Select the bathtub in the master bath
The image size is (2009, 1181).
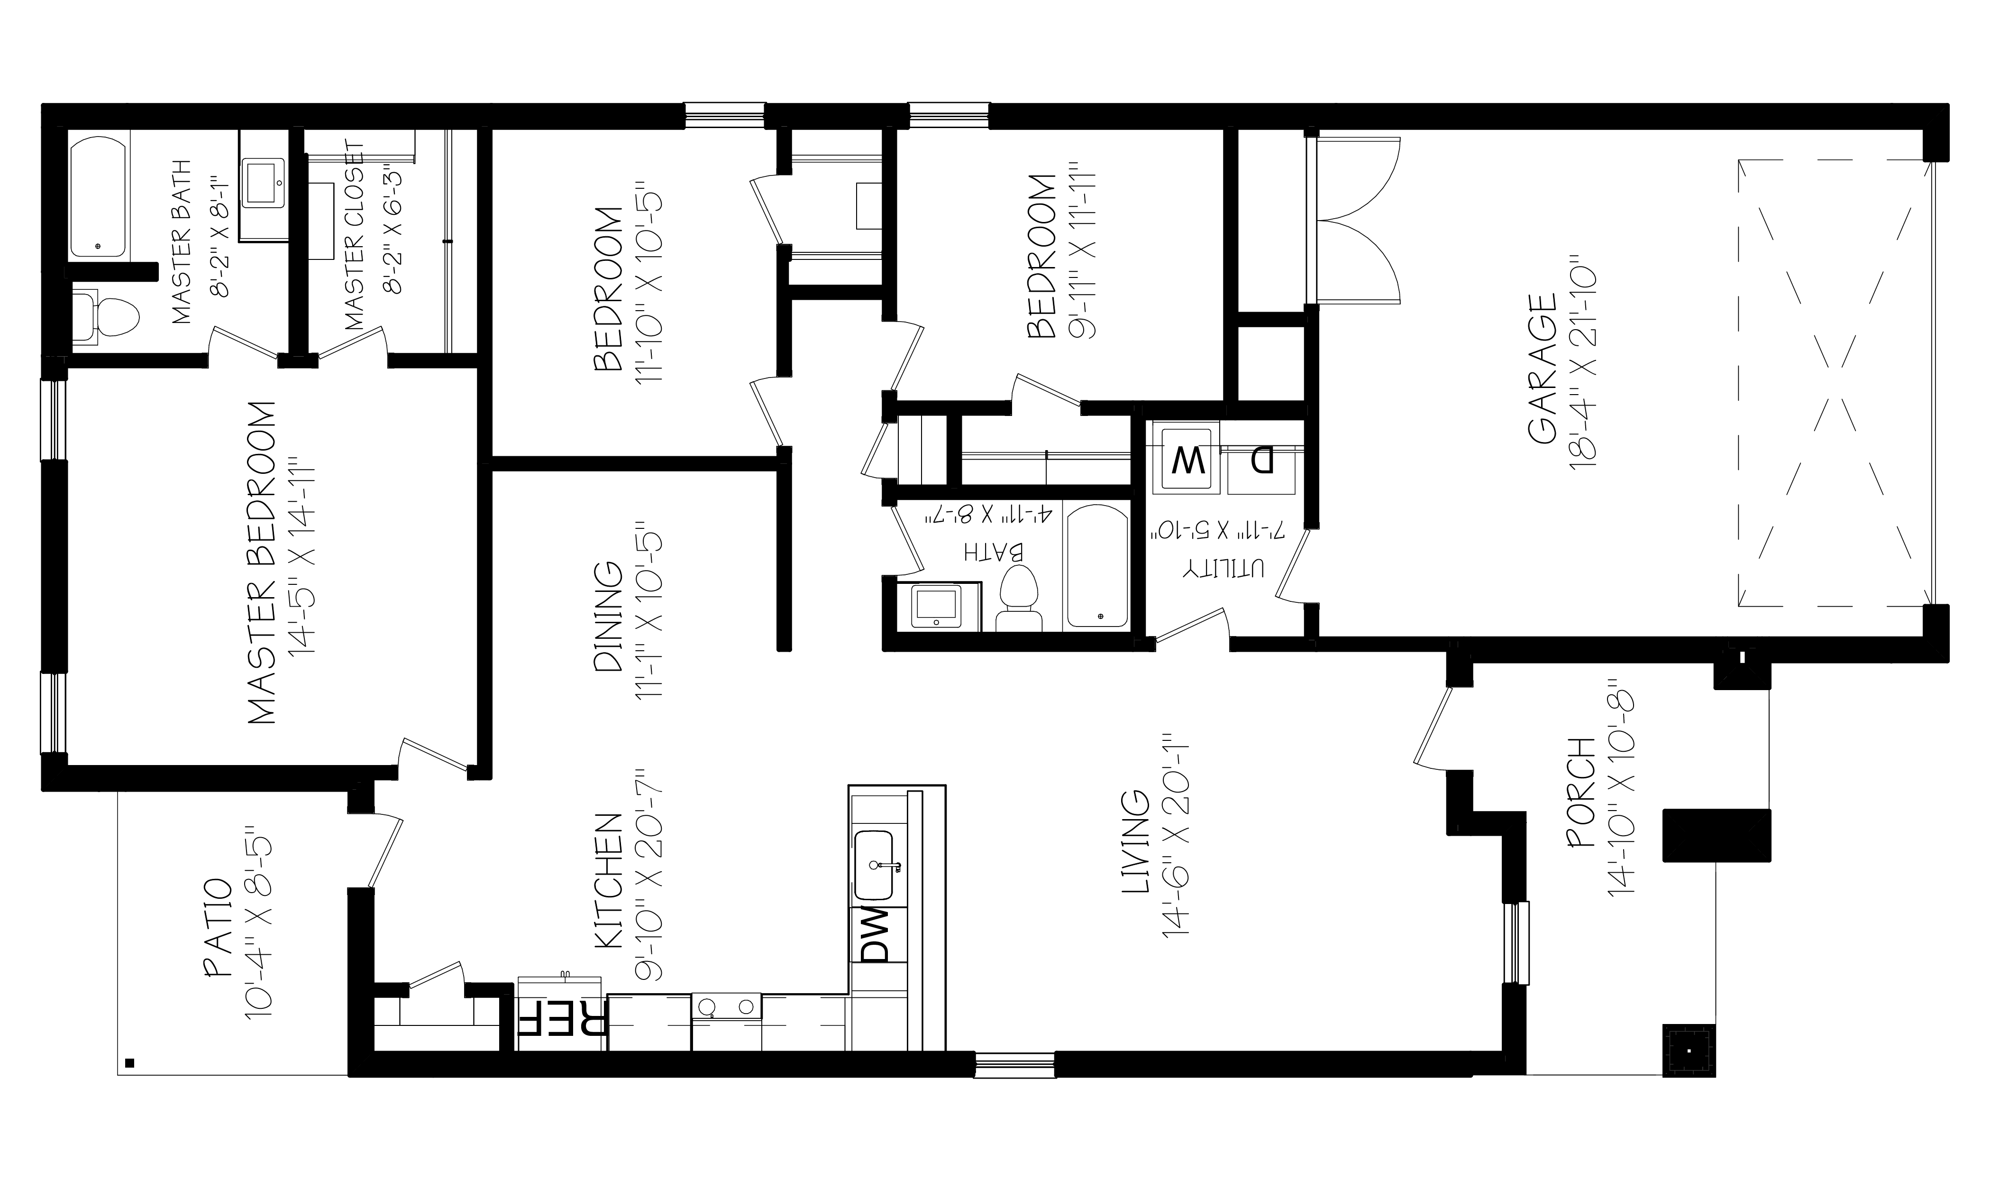click(x=98, y=199)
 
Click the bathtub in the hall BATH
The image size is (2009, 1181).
click(x=1097, y=566)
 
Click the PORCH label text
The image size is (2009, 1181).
click(x=1580, y=804)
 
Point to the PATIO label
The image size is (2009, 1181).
click(x=218, y=927)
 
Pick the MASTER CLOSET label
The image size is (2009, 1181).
click(x=356, y=237)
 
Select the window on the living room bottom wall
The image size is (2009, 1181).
click(x=1015, y=1065)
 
